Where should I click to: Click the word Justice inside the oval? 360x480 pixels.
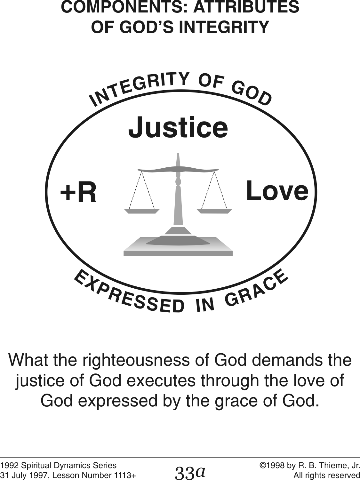178,127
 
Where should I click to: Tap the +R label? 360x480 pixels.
78,193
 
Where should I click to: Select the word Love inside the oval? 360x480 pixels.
277,191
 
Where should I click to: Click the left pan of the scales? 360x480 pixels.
141,211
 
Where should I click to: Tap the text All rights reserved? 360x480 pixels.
326,475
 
